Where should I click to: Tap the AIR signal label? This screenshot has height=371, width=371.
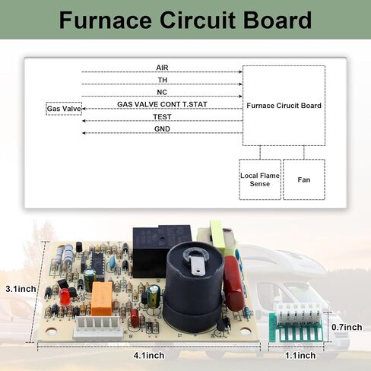click(162, 68)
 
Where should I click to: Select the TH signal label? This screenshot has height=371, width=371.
click(163, 80)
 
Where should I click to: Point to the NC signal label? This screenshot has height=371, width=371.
click(162, 92)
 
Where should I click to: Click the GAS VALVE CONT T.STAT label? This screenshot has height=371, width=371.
click(162, 104)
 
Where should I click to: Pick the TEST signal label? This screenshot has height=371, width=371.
click(162, 117)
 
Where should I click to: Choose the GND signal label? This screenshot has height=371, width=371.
click(162, 129)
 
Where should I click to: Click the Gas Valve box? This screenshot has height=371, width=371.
click(64, 109)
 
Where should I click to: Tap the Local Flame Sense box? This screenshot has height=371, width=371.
click(260, 179)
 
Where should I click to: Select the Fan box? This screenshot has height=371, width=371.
click(304, 179)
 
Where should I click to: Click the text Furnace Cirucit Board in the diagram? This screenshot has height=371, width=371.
click(284, 106)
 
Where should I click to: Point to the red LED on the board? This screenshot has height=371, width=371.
click(64, 296)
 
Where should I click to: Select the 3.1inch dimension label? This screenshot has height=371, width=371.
click(21, 289)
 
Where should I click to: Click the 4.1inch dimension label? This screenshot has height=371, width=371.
click(149, 356)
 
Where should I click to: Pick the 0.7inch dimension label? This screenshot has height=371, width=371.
click(347, 327)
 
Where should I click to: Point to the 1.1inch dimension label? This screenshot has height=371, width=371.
click(300, 356)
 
